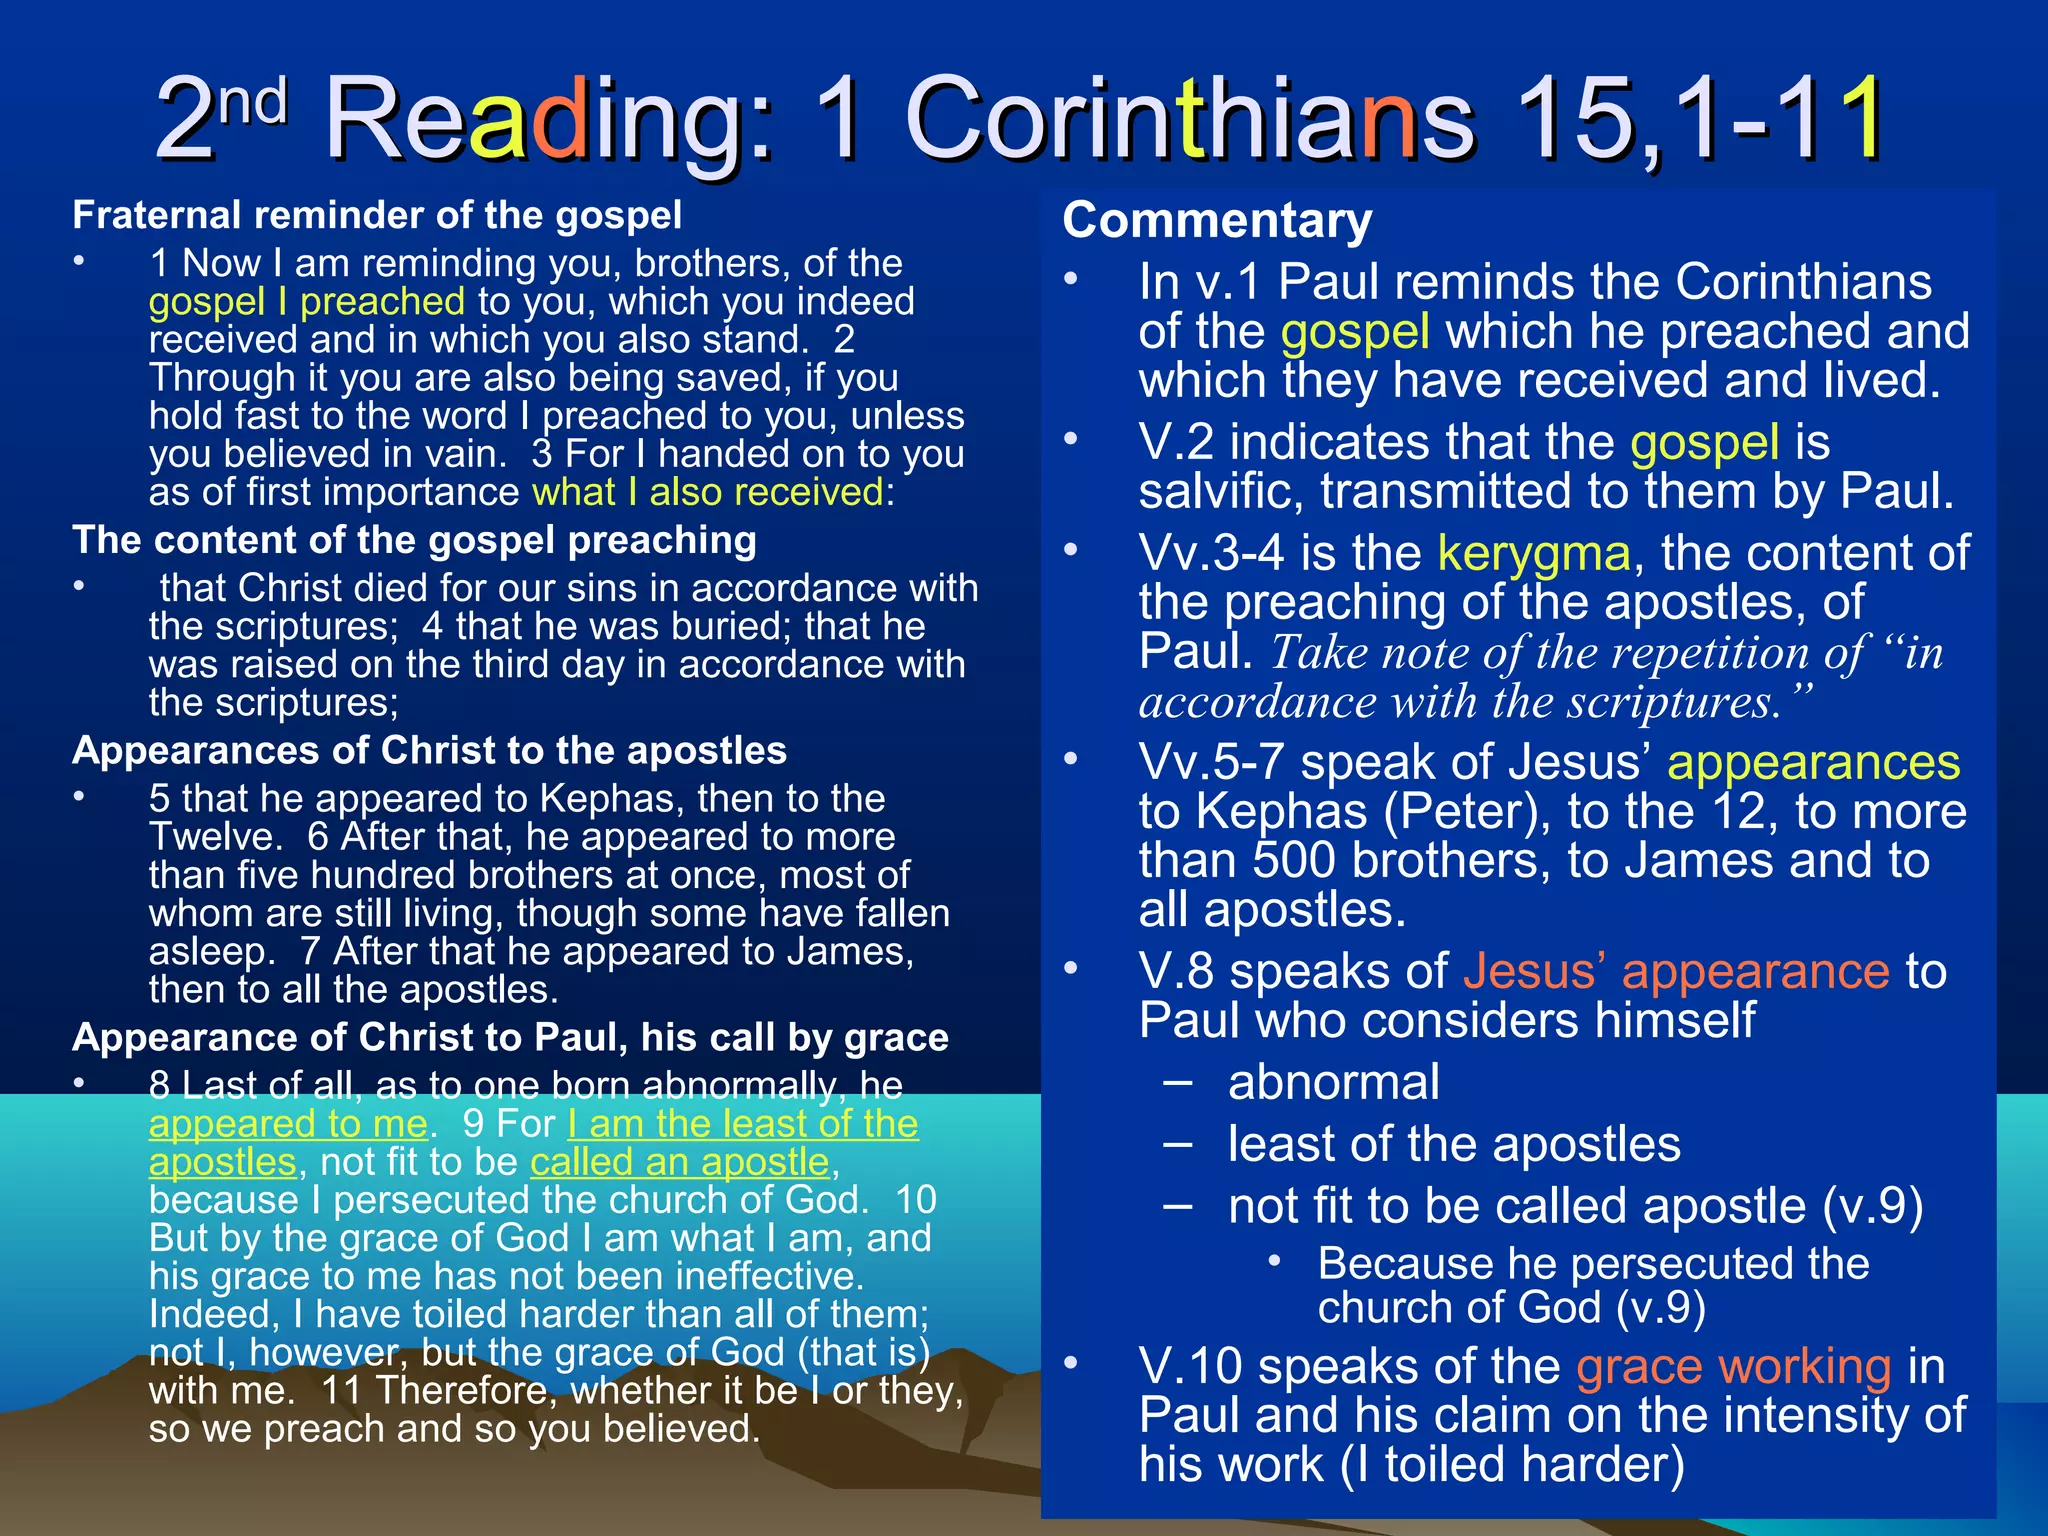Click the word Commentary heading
point(1217,221)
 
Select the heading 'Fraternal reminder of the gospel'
point(377,216)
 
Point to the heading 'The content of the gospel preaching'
point(414,541)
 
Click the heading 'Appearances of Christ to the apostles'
point(429,751)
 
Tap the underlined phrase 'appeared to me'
point(288,1124)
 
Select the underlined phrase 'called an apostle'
point(680,1162)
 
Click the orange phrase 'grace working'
point(1733,1367)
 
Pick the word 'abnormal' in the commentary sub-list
point(1334,1083)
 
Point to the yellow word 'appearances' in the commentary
point(1813,763)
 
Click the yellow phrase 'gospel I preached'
point(307,302)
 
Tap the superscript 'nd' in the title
point(253,101)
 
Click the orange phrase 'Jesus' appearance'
point(1676,972)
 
